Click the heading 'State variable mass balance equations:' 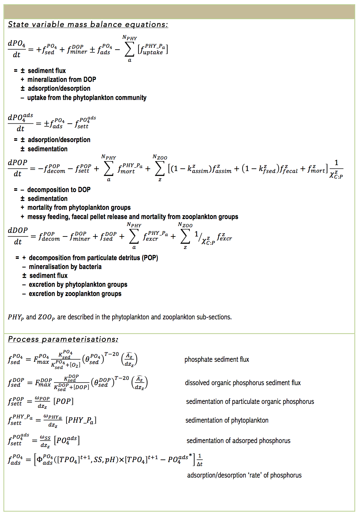[88, 25]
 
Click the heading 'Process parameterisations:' [63, 339]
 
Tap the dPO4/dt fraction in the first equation [17, 49]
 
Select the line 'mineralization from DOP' [62, 80]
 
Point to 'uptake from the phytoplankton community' [87, 98]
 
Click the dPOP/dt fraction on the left [17, 168]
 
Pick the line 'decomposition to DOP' [59, 190]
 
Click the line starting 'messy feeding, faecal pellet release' [133, 217]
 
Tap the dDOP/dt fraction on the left [18, 236]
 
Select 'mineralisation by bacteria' [65, 267]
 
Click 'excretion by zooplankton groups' [75, 294]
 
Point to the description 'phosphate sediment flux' [217, 359]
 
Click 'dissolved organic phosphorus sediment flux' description [243, 383]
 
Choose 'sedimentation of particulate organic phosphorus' [250, 402]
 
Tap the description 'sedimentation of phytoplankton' [227, 420]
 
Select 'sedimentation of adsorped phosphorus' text [238, 441]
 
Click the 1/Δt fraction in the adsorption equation [200, 460]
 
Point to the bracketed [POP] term [64, 401]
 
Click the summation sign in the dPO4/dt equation [129, 50]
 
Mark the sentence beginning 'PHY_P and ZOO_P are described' [120, 317]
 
